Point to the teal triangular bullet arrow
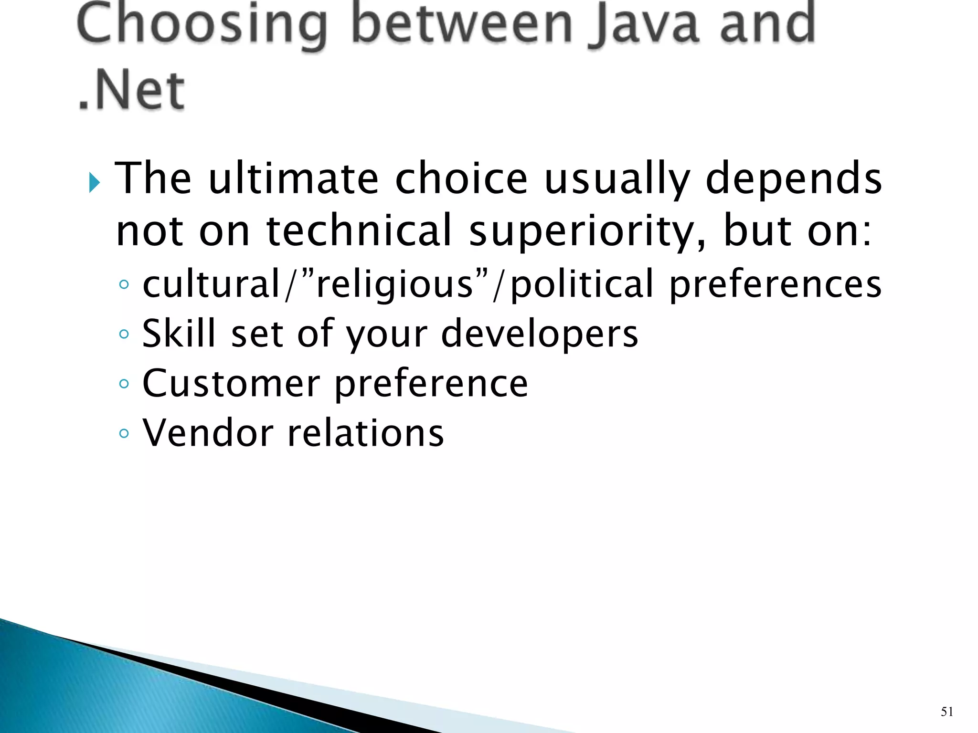coord(94,183)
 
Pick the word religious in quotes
coord(394,284)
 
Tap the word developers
coord(540,334)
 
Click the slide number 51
coord(947,712)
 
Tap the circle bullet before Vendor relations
coord(124,433)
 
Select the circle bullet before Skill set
coord(124,334)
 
